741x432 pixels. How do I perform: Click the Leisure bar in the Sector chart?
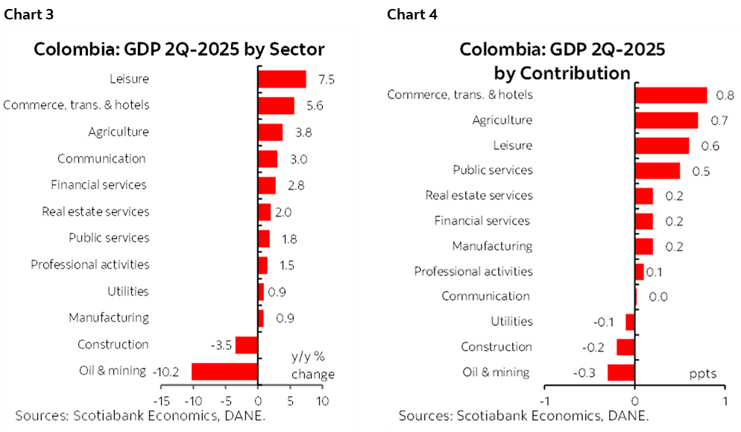[282, 79]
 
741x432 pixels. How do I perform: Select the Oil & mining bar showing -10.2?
[224, 371]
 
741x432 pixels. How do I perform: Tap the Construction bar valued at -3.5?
[246, 345]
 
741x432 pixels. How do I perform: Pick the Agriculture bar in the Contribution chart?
[666, 120]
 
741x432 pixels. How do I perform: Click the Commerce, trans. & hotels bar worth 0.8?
[670, 95]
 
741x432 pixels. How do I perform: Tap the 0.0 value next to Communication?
[658, 297]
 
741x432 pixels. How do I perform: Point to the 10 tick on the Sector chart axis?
[322, 401]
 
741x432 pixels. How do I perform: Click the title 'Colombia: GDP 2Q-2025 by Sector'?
[179, 50]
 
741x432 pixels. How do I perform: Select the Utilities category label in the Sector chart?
[127, 291]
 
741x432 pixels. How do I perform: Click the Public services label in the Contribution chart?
[493, 170]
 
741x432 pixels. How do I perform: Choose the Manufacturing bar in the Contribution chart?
[643, 246]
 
